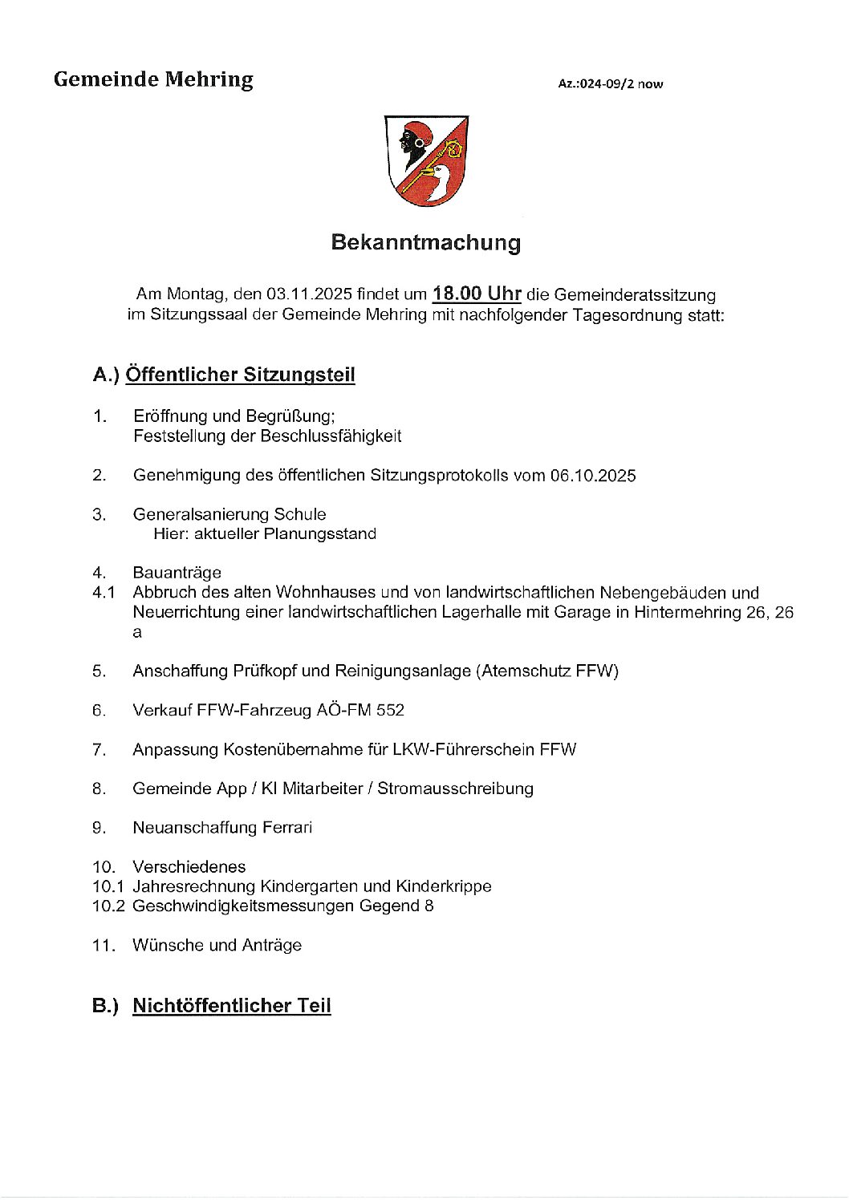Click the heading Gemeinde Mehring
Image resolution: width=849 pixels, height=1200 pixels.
point(153,80)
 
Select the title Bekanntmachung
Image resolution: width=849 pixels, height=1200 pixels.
point(425,242)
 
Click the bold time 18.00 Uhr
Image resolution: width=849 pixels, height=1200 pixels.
point(477,294)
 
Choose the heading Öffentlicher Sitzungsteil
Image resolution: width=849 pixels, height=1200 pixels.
point(241,375)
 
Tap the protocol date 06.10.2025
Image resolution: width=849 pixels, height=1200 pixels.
point(593,476)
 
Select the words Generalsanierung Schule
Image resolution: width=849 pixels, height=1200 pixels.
point(230,514)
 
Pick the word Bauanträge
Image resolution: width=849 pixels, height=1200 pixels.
point(177,573)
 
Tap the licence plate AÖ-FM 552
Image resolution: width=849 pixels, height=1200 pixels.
point(364,710)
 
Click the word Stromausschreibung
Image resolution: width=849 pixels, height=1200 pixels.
point(455,789)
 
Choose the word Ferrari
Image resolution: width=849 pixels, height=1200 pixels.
point(286,828)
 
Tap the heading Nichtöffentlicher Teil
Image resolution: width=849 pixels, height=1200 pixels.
point(232,1006)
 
